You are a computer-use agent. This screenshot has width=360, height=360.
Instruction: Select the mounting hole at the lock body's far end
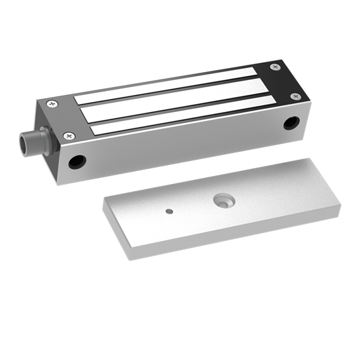point(291,122)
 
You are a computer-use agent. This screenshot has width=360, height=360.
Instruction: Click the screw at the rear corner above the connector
point(51,103)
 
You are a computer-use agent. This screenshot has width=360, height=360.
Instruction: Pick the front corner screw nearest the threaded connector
point(70,135)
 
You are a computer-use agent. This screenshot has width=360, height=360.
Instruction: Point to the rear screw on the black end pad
point(274,67)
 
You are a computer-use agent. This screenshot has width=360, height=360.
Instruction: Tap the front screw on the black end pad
point(295,96)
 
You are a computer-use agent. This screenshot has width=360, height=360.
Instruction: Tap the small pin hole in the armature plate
point(170,211)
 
